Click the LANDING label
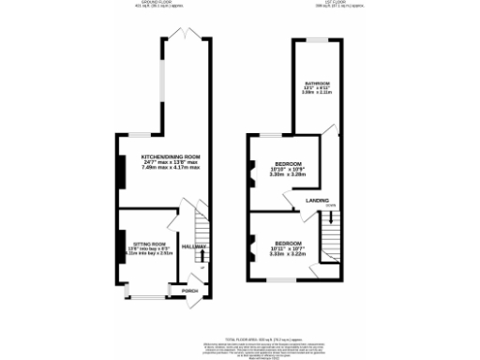coord(317,200)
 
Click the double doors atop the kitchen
coord(187,35)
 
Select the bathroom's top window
coord(312,40)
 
